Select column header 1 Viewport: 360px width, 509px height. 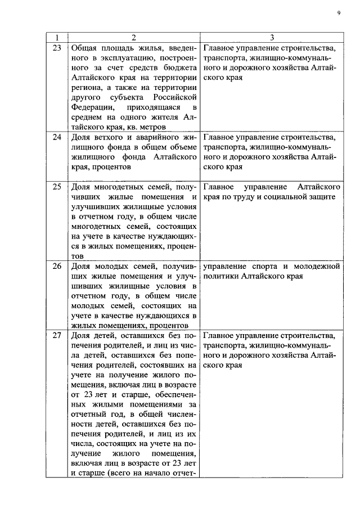(56, 37)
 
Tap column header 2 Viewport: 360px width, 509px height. (133, 37)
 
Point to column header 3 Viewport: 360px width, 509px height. (271, 37)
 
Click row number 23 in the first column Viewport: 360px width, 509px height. (56, 48)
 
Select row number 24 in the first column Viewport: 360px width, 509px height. (56, 137)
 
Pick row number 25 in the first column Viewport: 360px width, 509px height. (56, 187)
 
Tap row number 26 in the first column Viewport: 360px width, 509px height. (56, 266)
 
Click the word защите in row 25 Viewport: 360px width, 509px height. (322, 197)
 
